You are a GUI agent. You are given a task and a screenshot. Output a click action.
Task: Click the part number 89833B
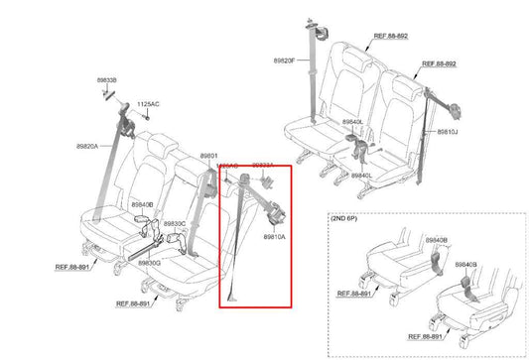click(x=107, y=79)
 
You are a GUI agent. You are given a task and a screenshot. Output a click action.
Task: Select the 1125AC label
click(x=148, y=103)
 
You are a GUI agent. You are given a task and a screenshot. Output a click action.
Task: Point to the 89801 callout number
click(x=210, y=156)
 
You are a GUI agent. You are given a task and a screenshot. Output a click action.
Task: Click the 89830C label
click(x=175, y=224)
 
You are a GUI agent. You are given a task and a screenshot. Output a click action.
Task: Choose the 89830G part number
click(x=150, y=263)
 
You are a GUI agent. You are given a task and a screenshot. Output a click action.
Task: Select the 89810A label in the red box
click(x=275, y=237)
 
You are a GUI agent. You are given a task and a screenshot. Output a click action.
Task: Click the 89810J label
click(x=449, y=131)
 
